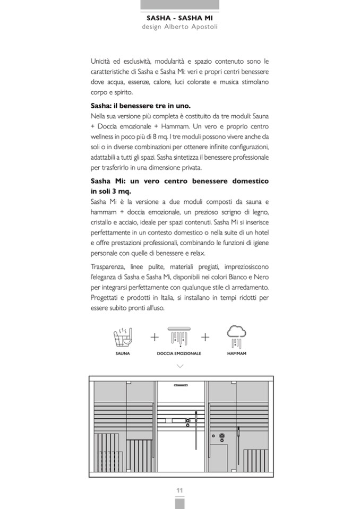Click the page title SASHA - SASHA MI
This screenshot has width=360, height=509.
(179, 18)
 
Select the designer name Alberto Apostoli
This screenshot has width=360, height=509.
(192, 27)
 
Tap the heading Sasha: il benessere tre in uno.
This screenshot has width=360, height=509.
(141, 106)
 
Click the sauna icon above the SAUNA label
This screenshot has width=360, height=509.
(123, 337)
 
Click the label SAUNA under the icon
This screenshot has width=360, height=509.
(123, 353)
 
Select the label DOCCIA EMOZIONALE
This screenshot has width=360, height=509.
(179, 353)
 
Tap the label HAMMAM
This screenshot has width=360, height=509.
(236, 353)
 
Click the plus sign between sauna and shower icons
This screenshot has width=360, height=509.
(155, 337)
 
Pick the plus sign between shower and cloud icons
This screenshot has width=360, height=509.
(205, 337)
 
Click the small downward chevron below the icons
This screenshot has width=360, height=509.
(179, 366)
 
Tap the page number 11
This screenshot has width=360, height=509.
(179, 489)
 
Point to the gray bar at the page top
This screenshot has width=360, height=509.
(179, 5)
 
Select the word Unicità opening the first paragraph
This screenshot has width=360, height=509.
(102, 62)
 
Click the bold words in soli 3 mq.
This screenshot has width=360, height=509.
(110, 191)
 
